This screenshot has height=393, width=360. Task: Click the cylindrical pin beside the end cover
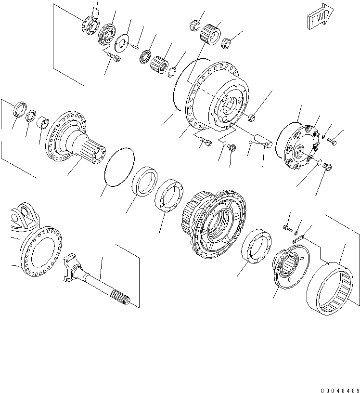(264, 140)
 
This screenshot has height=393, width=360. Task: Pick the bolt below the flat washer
(114, 59)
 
